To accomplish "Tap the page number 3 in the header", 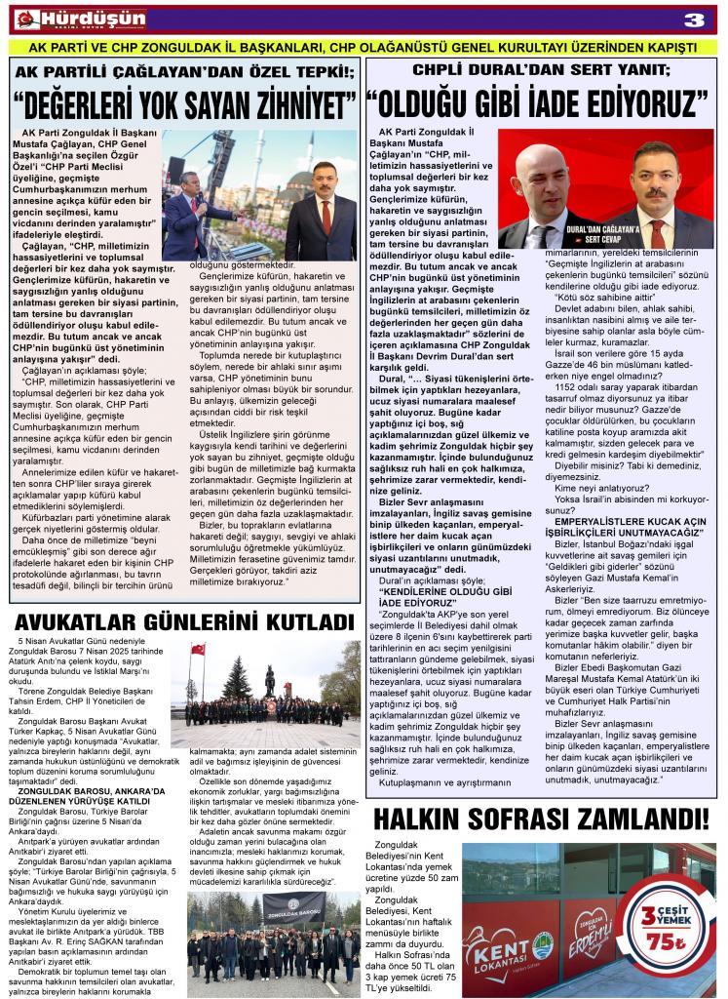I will tap(696, 20).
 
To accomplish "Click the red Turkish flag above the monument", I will tap(198, 649).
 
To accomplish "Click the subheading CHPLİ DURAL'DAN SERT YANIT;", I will tap(542, 71).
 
